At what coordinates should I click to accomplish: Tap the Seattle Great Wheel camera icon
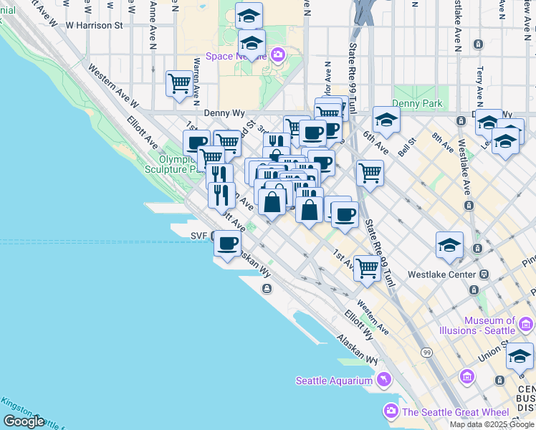click(x=391, y=411)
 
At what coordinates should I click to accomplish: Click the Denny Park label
click(x=417, y=104)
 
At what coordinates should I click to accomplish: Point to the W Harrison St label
click(x=94, y=25)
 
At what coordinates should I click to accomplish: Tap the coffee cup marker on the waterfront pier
click(x=228, y=244)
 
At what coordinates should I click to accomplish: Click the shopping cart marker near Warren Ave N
click(x=179, y=83)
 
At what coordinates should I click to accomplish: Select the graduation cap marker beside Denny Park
click(x=386, y=120)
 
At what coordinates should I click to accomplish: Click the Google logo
click(x=24, y=421)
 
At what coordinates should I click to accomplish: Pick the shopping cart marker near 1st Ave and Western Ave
click(x=367, y=269)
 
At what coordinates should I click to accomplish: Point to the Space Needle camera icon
click(x=278, y=54)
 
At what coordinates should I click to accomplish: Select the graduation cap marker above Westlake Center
click(x=449, y=245)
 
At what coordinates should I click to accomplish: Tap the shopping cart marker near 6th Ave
click(x=370, y=172)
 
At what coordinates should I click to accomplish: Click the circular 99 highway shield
click(x=427, y=353)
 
